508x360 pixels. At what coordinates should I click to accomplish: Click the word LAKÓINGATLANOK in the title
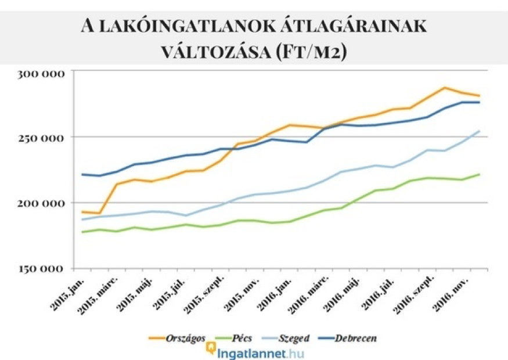click(209, 26)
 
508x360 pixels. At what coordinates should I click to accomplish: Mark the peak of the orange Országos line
click(445, 88)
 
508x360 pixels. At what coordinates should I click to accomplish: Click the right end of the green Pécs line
click(480, 174)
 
